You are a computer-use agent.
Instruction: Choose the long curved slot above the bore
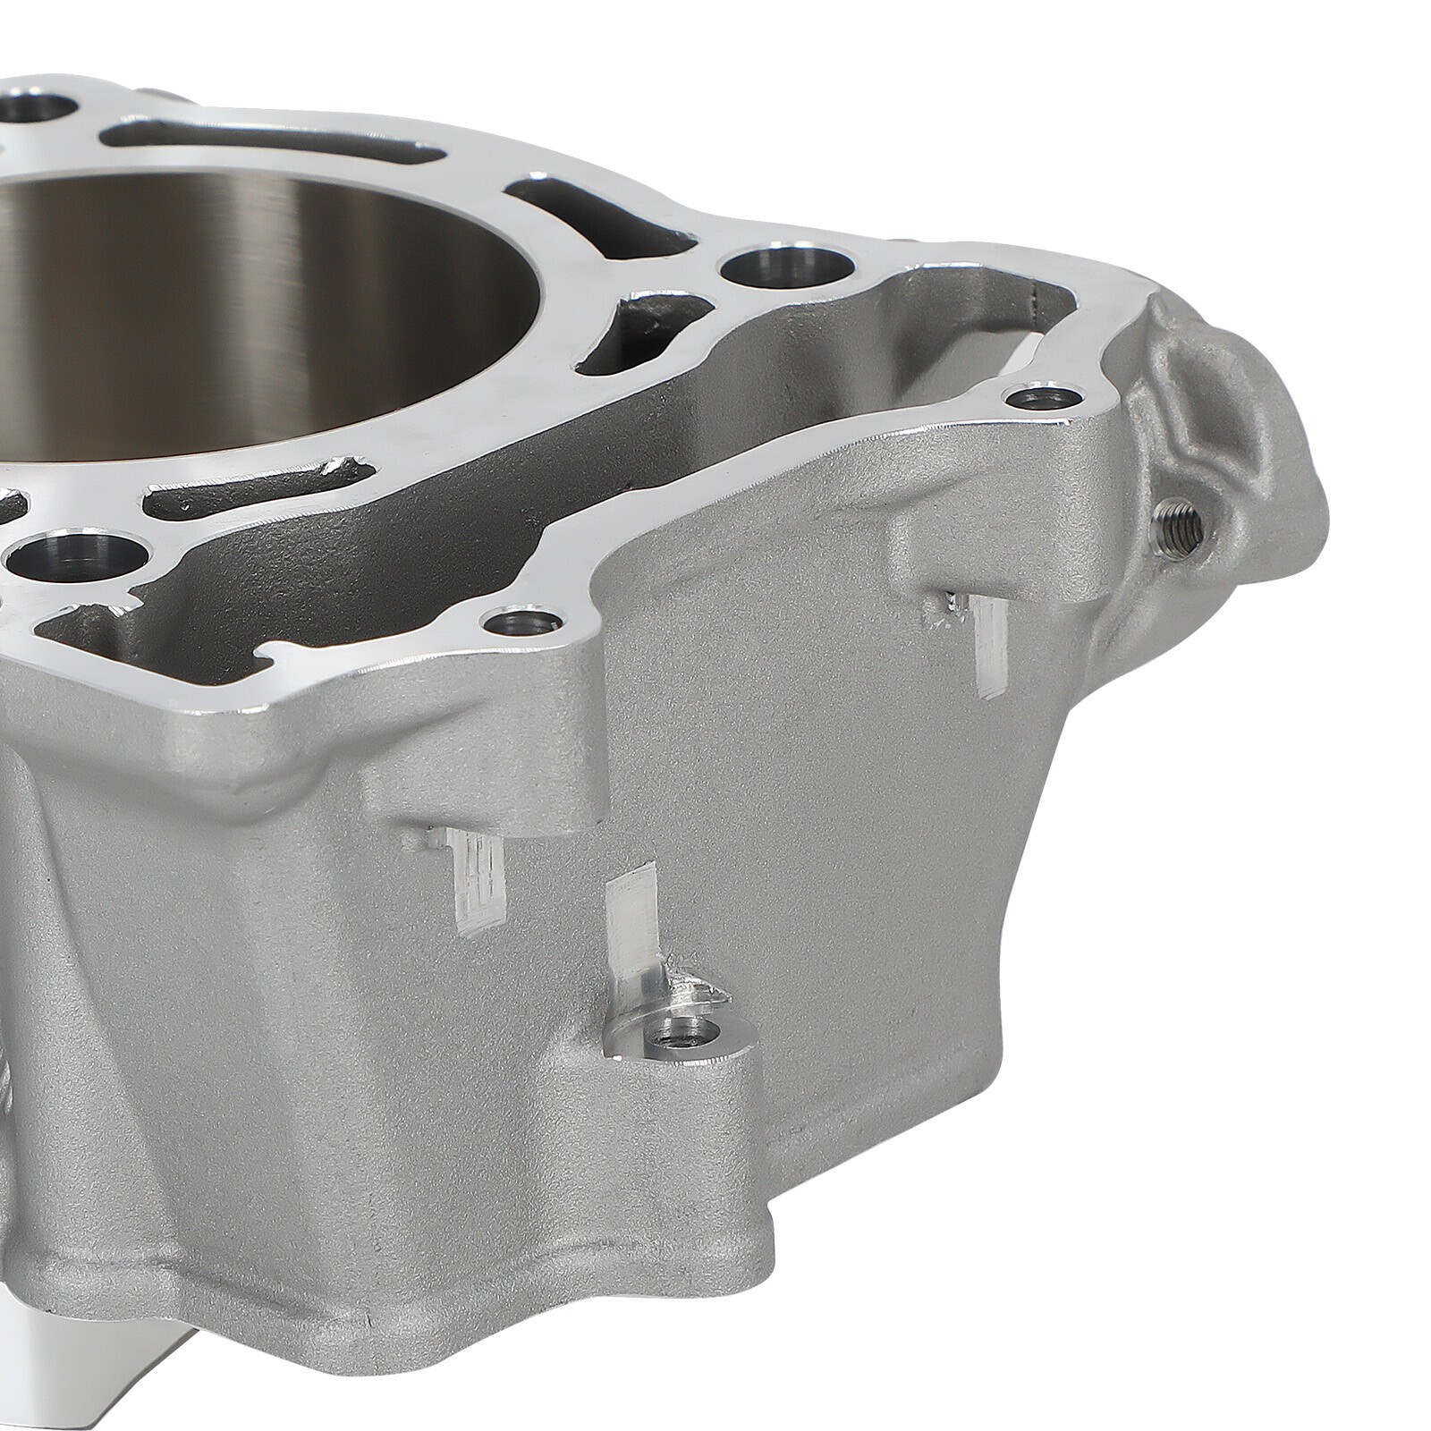tap(268, 143)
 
